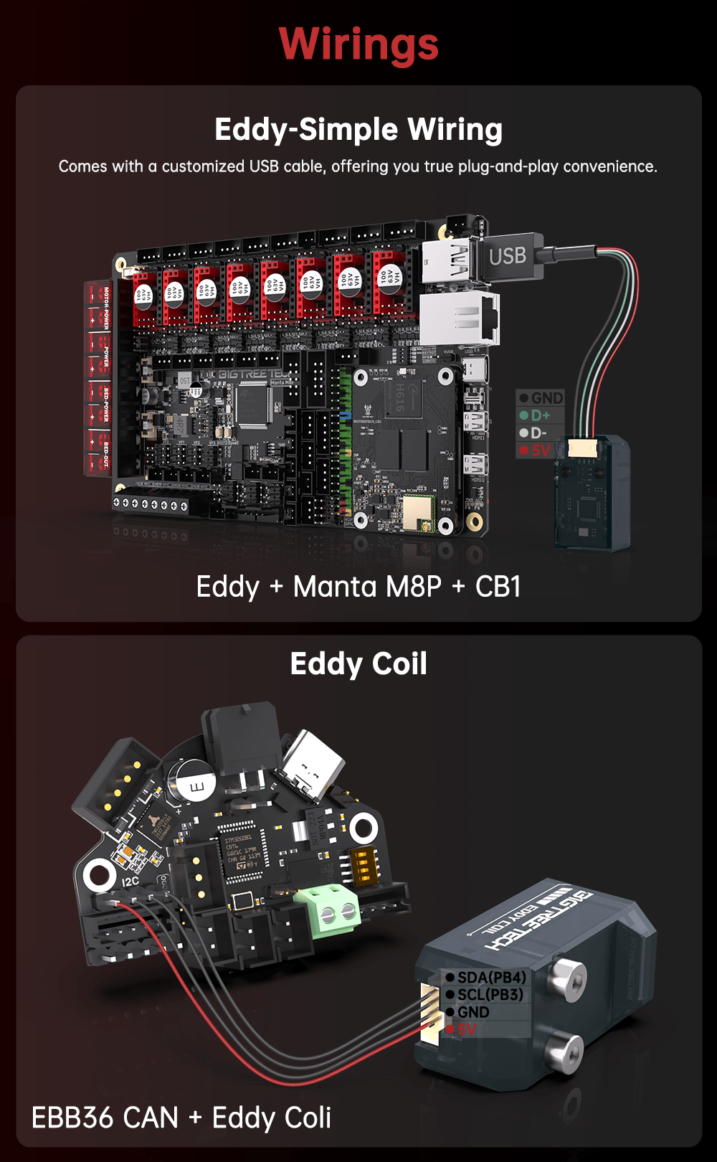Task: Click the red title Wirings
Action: tap(358, 44)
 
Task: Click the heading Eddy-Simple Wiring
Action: tap(358, 130)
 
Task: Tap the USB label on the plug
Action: tap(508, 256)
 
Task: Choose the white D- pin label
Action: tap(538, 433)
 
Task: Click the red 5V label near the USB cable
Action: tap(540, 450)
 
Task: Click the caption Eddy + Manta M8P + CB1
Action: tap(358, 587)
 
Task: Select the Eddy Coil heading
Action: tap(358, 664)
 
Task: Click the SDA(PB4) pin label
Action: tap(491, 978)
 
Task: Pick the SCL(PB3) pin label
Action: tap(490, 995)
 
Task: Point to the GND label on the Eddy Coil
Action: tap(473, 1012)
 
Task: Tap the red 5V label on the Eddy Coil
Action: tap(467, 1030)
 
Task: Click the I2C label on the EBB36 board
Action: tap(130, 882)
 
